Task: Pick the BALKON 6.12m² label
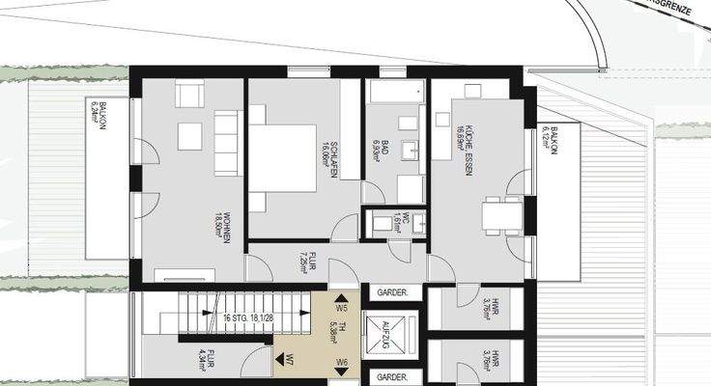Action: pos(550,140)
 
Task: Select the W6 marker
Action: pos(342,363)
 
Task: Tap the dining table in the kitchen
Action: pos(498,214)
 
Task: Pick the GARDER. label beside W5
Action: pos(392,292)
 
